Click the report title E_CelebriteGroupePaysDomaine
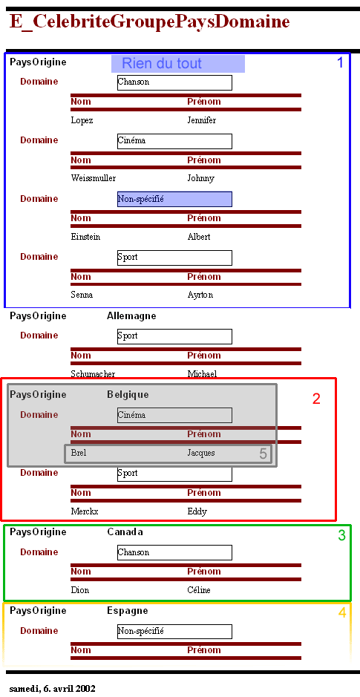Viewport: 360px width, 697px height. [x=149, y=22]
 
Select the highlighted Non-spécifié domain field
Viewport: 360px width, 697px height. [x=174, y=199]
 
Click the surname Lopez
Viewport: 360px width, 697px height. [x=82, y=120]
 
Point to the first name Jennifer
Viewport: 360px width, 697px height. [x=201, y=120]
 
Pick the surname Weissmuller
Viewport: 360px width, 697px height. [x=94, y=178]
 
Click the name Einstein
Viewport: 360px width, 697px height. [x=85, y=237]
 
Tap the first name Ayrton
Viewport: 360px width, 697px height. [x=200, y=295]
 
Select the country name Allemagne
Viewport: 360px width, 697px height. [x=131, y=316]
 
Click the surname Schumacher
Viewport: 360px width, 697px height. [x=93, y=374]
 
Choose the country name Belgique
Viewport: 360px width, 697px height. [x=128, y=395]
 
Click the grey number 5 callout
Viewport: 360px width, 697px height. [x=263, y=454]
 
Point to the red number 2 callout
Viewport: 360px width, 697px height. [x=316, y=399]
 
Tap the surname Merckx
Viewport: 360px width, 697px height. [x=85, y=511]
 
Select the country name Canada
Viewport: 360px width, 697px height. [x=125, y=532]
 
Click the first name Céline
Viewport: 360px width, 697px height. [x=199, y=590]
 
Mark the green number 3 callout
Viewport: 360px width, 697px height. [x=341, y=535]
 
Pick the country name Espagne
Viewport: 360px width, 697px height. [x=128, y=611]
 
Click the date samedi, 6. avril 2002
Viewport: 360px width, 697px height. [x=52, y=689]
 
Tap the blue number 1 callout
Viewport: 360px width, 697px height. [x=340, y=62]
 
